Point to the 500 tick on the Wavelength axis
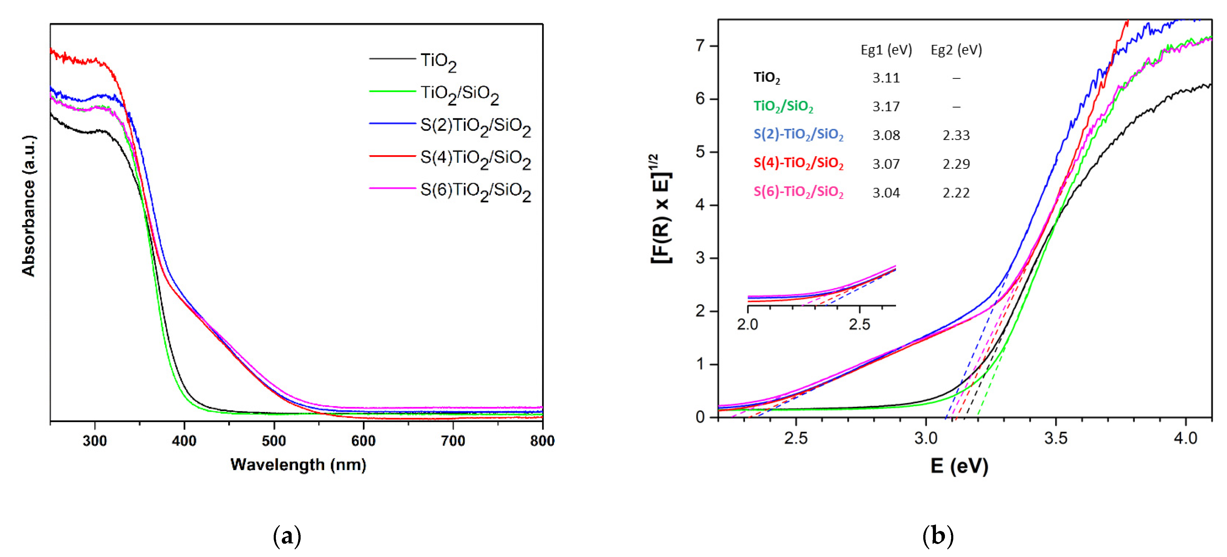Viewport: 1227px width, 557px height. coord(274,441)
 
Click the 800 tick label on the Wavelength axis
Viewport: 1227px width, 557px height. coord(542,441)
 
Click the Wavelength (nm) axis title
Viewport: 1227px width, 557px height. coord(298,465)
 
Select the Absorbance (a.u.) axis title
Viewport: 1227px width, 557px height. coord(28,206)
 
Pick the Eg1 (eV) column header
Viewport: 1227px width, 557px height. coord(886,50)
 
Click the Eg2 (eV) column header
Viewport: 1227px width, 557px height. coord(956,50)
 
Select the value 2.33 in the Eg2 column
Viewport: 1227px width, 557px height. coord(956,135)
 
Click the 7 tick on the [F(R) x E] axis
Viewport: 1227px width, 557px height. coord(700,46)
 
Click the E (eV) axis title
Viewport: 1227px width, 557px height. coord(959,466)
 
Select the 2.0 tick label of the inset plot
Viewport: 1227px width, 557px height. coord(747,324)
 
